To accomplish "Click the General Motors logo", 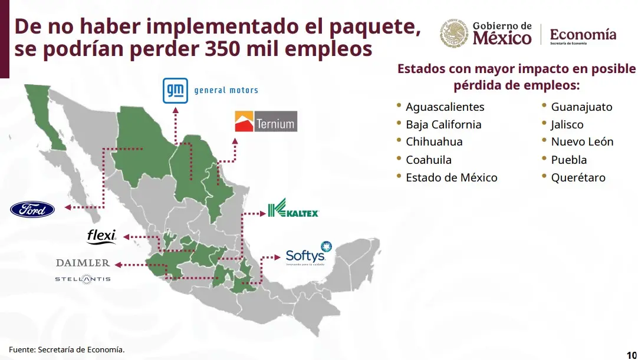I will coord(211,90).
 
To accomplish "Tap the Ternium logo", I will coord(265,121).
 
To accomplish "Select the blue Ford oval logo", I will coord(32,209).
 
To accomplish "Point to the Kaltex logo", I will coord(293,210).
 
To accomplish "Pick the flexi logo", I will coord(101,236).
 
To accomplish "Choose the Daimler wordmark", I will coord(83,263).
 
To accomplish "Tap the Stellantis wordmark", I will coord(83,279).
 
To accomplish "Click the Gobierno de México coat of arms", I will coord(454,32).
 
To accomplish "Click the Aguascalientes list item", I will coord(445,107).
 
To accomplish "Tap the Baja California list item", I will coord(443,125).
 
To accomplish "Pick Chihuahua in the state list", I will coord(434,142).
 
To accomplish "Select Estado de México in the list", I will coord(451,178).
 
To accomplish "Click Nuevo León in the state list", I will coord(582,142).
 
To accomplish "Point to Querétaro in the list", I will coord(578,178).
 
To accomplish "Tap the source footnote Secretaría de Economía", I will coord(67,349).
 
